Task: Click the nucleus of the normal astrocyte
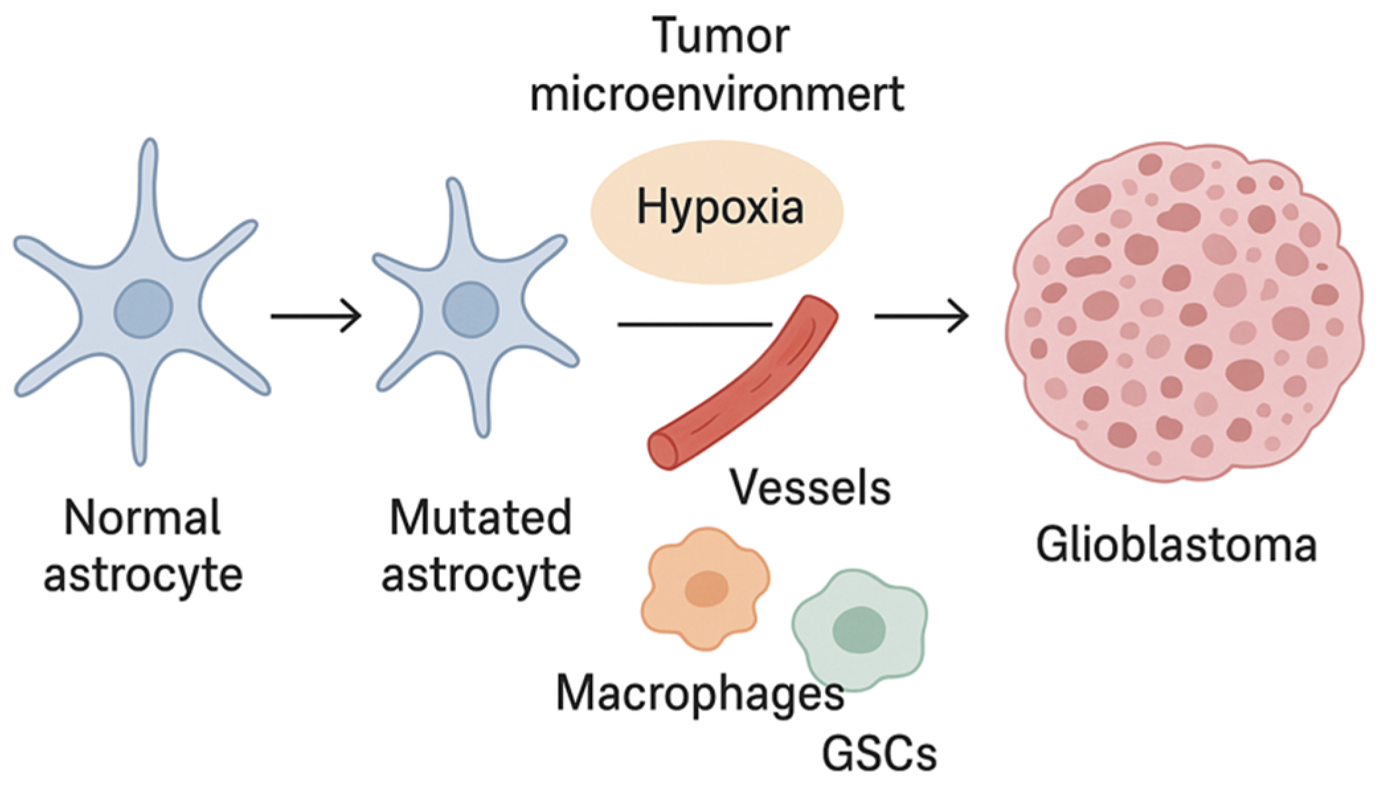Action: (144, 308)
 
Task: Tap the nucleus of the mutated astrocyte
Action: (471, 310)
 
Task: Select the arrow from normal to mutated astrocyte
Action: (316, 316)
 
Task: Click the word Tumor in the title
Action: (720, 36)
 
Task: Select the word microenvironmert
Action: (717, 95)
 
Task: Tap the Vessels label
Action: (810, 488)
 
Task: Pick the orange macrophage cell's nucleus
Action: (707, 588)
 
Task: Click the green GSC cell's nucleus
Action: (859, 629)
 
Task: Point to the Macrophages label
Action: (700, 694)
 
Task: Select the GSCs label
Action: (879, 754)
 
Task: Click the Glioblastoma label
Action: (1176, 545)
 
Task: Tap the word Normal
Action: (142, 518)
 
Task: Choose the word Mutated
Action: (480, 518)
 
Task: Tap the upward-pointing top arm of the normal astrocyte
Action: (149, 179)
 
